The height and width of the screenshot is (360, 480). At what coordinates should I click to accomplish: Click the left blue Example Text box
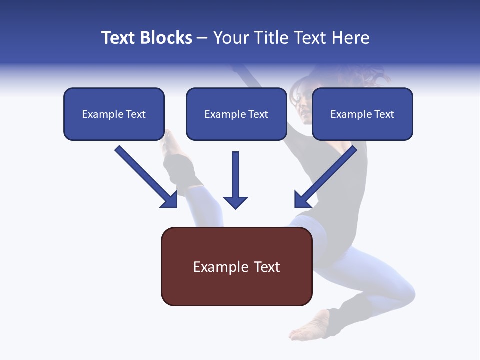114,114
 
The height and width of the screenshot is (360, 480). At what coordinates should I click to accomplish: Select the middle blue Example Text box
236,114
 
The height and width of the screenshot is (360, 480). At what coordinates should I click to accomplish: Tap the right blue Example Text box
362,114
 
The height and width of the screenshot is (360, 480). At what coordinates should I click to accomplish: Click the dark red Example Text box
236,266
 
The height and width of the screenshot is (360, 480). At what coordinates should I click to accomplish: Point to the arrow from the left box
145,176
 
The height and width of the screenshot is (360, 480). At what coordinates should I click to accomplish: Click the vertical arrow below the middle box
235,180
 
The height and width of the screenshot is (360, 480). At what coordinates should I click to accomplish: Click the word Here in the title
351,38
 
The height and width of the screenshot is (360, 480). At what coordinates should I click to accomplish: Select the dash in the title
202,38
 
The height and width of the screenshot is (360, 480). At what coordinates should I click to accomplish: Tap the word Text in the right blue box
384,114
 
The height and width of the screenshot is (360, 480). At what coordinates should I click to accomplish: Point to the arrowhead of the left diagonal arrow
170,200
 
